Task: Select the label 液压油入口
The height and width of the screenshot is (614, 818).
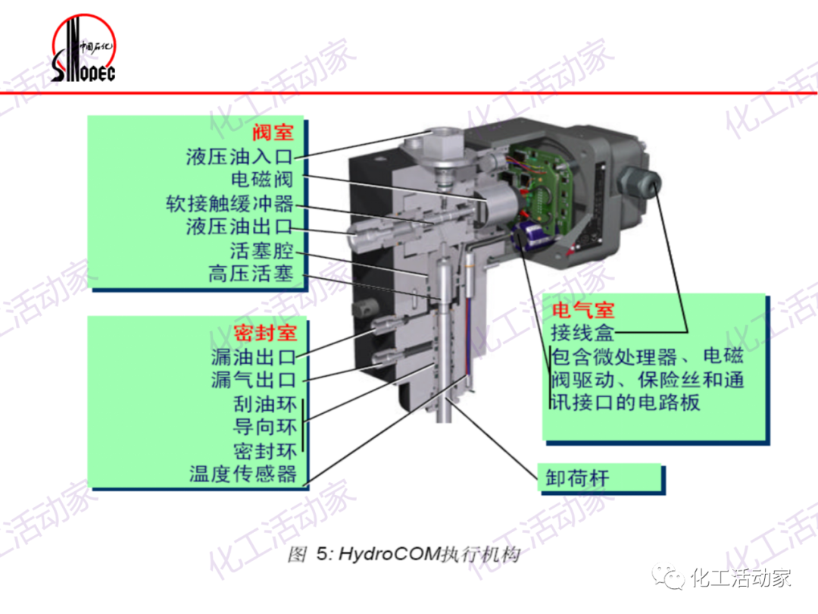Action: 239,157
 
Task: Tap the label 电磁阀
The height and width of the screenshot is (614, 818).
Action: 261,180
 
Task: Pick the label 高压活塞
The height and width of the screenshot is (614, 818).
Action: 251,274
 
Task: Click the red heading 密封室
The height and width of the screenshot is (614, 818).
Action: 264,333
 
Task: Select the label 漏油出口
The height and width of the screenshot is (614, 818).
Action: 253,356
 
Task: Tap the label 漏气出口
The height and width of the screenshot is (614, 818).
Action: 253,380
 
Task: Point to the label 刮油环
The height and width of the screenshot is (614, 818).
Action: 264,403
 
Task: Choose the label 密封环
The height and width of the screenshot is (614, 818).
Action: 264,451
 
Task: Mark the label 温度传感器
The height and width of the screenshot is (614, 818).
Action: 242,475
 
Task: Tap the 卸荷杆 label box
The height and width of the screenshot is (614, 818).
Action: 577,478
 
